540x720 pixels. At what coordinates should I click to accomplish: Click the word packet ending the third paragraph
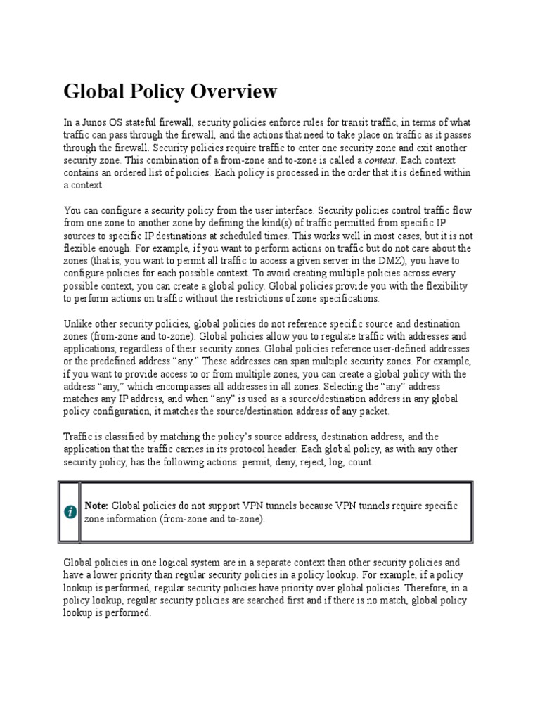point(372,411)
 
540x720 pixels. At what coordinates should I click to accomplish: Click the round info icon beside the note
point(70,512)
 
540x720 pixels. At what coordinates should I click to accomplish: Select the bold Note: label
point(96,506)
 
